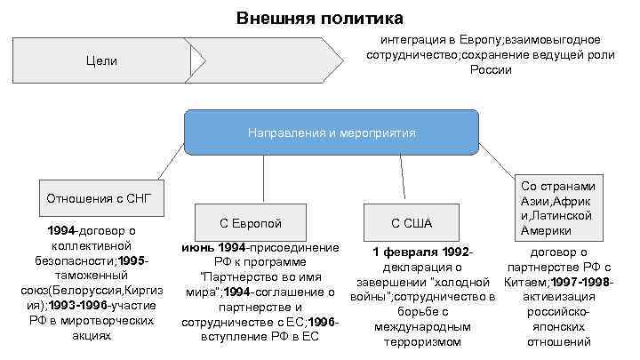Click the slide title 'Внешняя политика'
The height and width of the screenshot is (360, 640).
click(319, 18)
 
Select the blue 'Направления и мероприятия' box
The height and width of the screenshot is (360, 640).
click(331, 132)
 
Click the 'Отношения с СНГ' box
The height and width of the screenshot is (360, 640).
click(99, 197)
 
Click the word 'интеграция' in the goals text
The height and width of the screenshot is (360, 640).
click(413, 40)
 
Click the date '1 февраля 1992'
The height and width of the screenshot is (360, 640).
click(417, 252)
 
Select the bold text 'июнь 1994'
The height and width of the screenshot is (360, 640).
click(213, 246)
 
